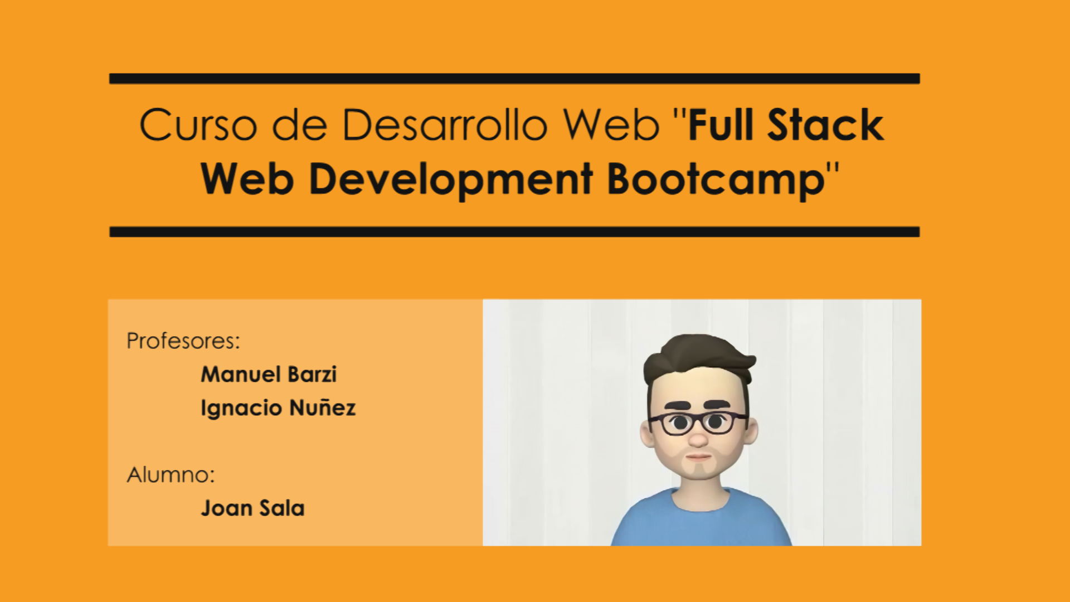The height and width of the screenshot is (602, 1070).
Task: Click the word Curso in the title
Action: [198, 124]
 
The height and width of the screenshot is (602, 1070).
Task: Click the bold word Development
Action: [450, 179]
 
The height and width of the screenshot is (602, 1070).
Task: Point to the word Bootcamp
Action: [716, 179]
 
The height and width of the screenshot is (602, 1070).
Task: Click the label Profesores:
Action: [183, 341]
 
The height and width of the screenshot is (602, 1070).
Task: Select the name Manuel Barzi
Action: [269, 375]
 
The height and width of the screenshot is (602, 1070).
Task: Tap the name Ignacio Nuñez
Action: [278, 408]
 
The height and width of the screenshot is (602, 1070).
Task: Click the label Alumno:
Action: [171, 475]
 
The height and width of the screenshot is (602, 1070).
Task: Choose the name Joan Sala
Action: [252, 508]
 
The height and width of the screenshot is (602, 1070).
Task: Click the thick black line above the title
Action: [514, 79]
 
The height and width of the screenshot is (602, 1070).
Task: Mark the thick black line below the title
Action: [514, 232]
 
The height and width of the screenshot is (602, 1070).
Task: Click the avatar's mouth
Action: [698, 457]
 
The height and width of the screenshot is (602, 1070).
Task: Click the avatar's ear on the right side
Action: [751, 432]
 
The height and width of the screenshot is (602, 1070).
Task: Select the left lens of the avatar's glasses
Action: [679, 424]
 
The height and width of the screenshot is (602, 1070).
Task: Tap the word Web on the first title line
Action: [611, 124]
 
